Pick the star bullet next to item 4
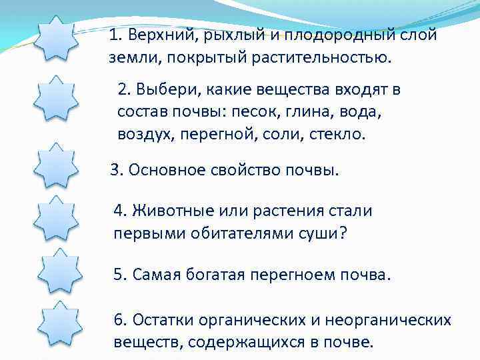pyautogui.click(x=56, y=220)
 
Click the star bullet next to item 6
pyautogui.click(x=59, y=325)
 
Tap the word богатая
pyautogui.click(x=215, y=275)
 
